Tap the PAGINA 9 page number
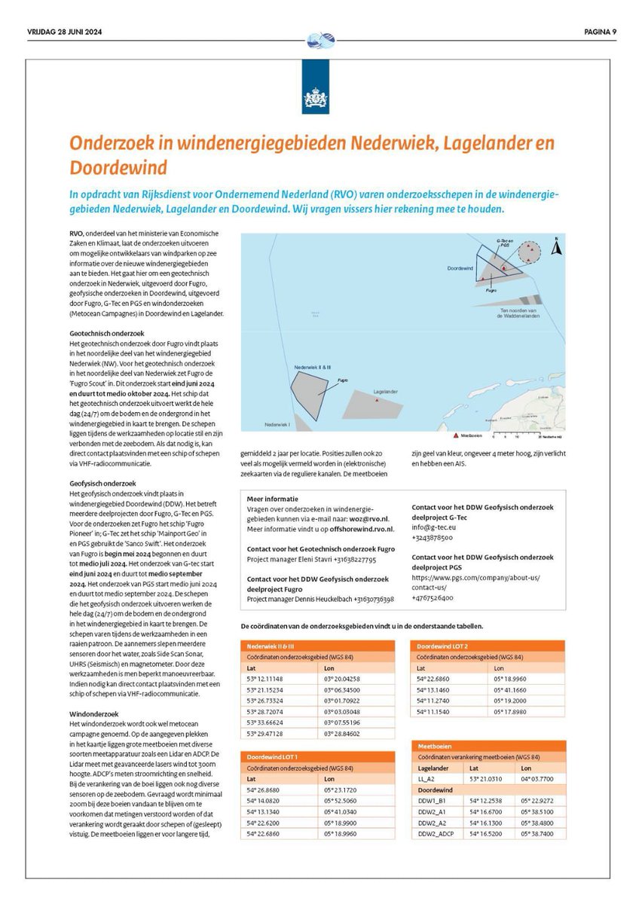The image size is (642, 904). (x=599, y=31)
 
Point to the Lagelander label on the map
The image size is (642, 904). (x=386, y=392)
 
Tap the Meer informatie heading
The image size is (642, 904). (x=272, y=499)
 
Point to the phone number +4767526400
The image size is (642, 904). (x=433, y=597)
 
